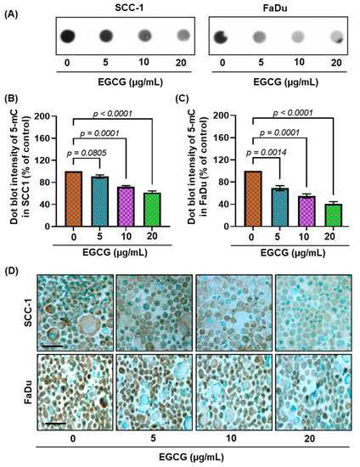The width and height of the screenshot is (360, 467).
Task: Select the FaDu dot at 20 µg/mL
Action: pyautogui.click(x=335, y=37)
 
